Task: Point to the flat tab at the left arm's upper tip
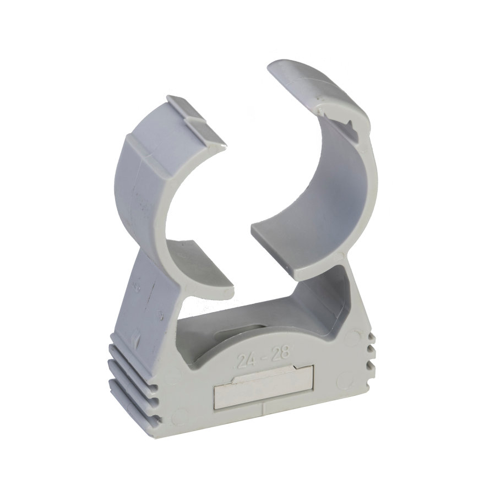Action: pos(195,122)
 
